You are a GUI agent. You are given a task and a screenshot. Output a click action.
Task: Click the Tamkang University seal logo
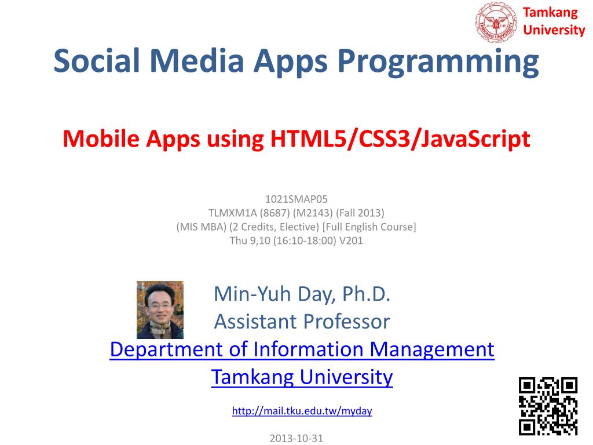pos(496,21)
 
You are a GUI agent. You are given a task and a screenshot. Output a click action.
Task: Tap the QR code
pos(548,406)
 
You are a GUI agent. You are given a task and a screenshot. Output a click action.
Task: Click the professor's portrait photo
pos(160,310)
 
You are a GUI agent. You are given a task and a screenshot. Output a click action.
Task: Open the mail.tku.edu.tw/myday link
pos(302,411)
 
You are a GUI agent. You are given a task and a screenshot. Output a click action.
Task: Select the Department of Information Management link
pos(302,349)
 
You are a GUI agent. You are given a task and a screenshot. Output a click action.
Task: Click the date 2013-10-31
pos(296,438)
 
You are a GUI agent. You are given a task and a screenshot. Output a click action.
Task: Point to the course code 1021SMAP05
pos(296,199)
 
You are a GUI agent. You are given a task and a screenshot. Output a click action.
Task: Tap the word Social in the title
pos(97,60)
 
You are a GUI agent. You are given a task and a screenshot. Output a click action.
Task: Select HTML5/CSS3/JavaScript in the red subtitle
pos(400,139)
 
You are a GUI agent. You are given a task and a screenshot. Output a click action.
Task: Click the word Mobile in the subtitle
pos(101,138)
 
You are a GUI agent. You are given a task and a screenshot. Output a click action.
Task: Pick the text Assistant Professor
pos(302,322)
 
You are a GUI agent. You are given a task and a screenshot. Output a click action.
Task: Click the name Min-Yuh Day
pos(274,294)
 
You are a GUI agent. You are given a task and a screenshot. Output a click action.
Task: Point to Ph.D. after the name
pos(366,294)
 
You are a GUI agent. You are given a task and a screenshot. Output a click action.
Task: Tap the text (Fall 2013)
pos(360,213)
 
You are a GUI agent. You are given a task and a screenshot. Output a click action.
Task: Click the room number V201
pos(351,240)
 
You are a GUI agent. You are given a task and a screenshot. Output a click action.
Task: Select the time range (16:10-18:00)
pos(305,240)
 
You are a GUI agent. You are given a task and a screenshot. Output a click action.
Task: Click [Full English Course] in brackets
pos(369,227)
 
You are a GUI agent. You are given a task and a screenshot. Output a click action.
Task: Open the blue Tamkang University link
pos(302,377)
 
